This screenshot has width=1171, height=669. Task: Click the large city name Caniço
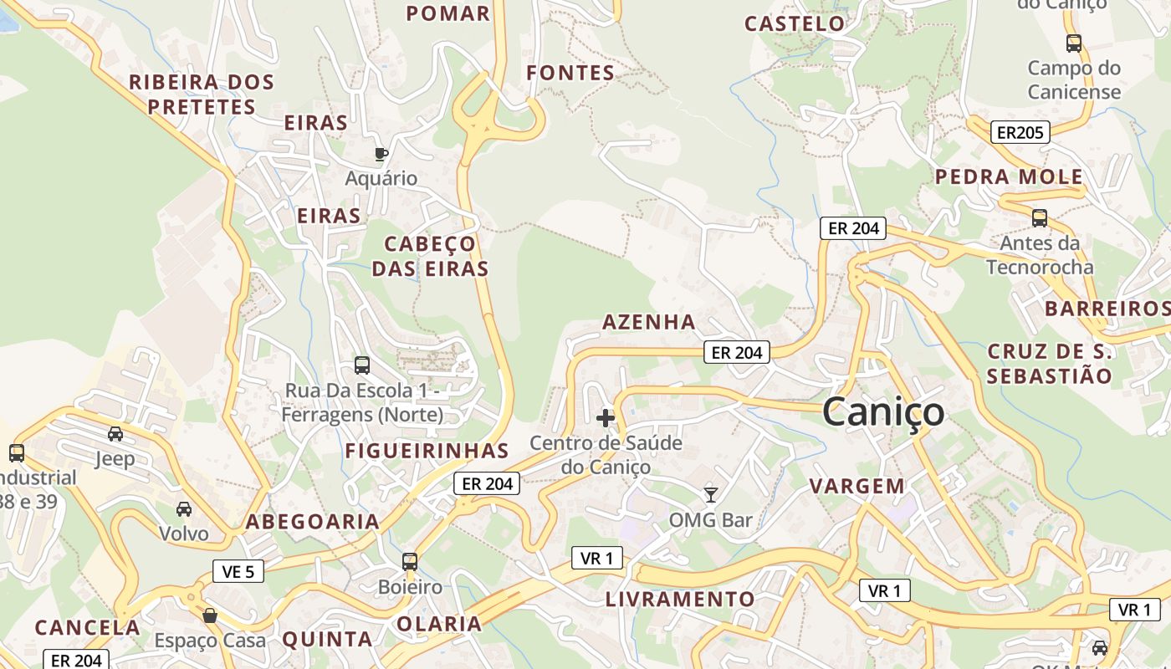[883, 411]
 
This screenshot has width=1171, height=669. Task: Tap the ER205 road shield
[1020, 132]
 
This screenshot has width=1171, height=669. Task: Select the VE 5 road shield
[238, 571]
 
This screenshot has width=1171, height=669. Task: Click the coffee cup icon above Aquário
[381, 153]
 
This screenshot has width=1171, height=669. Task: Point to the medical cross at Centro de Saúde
[606, 417]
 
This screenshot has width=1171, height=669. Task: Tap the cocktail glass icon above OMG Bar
[711, 494]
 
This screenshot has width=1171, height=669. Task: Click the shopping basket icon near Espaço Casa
[209, 615]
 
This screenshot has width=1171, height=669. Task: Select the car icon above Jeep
[115, 433]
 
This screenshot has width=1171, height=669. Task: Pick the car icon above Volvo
[184, 508]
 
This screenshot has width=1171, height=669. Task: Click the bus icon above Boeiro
[410, 561]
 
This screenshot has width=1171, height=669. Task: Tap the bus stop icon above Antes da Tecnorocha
[1040, 218]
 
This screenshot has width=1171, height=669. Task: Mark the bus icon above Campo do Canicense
[1074, 43]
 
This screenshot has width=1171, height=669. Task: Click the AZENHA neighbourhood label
[649, 322]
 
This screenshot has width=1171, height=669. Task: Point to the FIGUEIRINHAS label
[427, 451]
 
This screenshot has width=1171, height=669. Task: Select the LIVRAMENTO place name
[680, 600]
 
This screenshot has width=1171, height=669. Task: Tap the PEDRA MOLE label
[1009, 177]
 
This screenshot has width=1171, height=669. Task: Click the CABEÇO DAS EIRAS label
[430, 256]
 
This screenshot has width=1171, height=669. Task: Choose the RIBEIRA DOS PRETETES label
[202, 94]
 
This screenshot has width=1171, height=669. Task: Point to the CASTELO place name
[795, 23]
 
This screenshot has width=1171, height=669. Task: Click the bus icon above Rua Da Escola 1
[362, 365]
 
